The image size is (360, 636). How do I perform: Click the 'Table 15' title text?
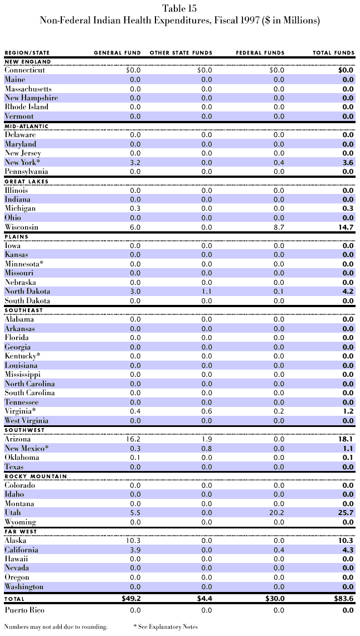[179, 8]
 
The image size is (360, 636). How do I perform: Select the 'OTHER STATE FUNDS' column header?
[181, 53]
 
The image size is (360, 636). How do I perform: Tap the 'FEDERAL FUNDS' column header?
[260, 53]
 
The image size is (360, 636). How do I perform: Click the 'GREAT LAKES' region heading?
[26, 181]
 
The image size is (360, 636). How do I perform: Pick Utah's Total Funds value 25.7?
[346, 513]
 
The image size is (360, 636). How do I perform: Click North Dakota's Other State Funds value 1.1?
[206, 292]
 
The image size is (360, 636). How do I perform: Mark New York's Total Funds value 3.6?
[347, 162]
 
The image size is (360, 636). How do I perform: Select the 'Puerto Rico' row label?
[26, 610]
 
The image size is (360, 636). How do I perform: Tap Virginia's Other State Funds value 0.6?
[206, 411]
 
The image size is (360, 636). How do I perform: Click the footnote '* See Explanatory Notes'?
[166, 627]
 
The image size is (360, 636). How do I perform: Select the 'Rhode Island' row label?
[27, 107]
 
